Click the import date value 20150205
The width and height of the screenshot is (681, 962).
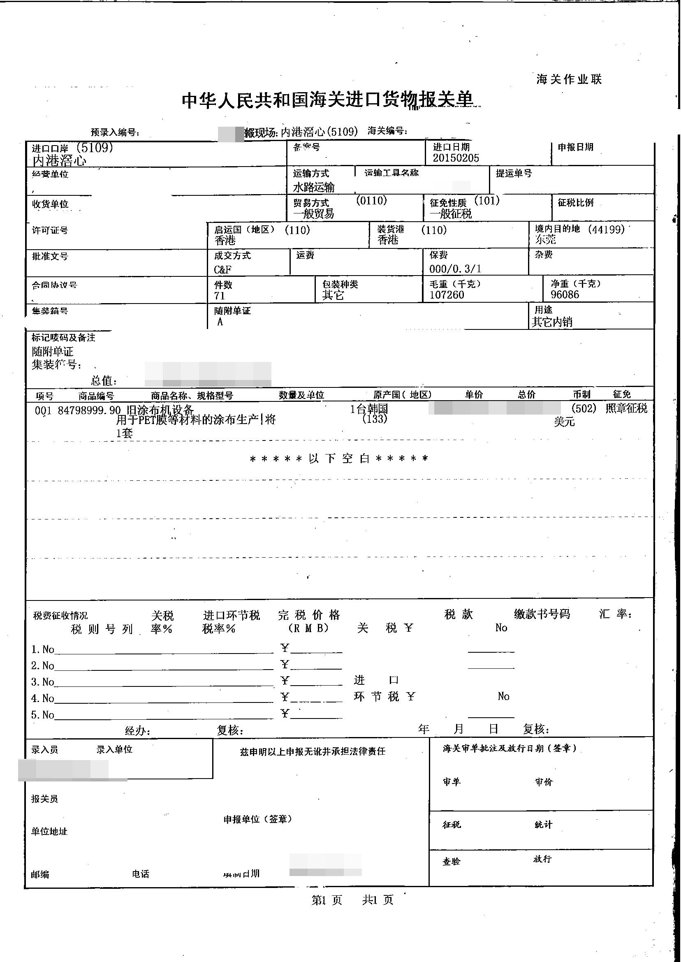click(x=456, y=158)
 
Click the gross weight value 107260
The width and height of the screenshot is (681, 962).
click(x=447, y=295)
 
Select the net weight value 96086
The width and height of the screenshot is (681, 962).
click(x=565, y=294)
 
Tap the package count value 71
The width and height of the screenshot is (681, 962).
click(x=219, y=296)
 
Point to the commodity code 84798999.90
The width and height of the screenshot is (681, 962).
click(x=89, y=410)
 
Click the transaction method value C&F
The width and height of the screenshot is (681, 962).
click(x=222, y=269)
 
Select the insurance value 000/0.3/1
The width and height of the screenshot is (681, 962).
click(x=455, y=269)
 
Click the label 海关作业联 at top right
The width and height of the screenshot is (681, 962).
click(x=569, y=79)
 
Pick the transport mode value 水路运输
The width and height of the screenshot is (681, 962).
click(x=314, y=187)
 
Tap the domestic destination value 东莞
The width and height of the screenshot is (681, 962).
click(x=545, y=239)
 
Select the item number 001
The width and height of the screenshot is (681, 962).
click(x=43, y=410)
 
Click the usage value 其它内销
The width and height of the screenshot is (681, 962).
click(x=552, y=322)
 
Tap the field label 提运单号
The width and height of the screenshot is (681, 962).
click(x=514, y=173)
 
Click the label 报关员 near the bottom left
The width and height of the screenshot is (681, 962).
click(x=44, y=799)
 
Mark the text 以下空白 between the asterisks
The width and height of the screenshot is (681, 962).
click(x=339, y=458)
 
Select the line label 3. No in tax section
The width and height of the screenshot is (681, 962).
click(x=43, y=682)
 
